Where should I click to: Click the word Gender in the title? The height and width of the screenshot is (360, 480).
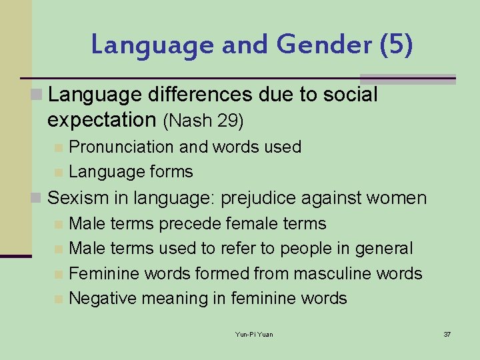[x=322, y=45]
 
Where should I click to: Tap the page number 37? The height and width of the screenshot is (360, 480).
[x=447, y=334]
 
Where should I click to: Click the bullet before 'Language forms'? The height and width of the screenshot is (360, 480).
[x=59, y=172]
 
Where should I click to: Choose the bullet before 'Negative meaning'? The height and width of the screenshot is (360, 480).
[x=59, y=299]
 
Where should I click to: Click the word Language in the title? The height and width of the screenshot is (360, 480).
[x=151, y=45]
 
